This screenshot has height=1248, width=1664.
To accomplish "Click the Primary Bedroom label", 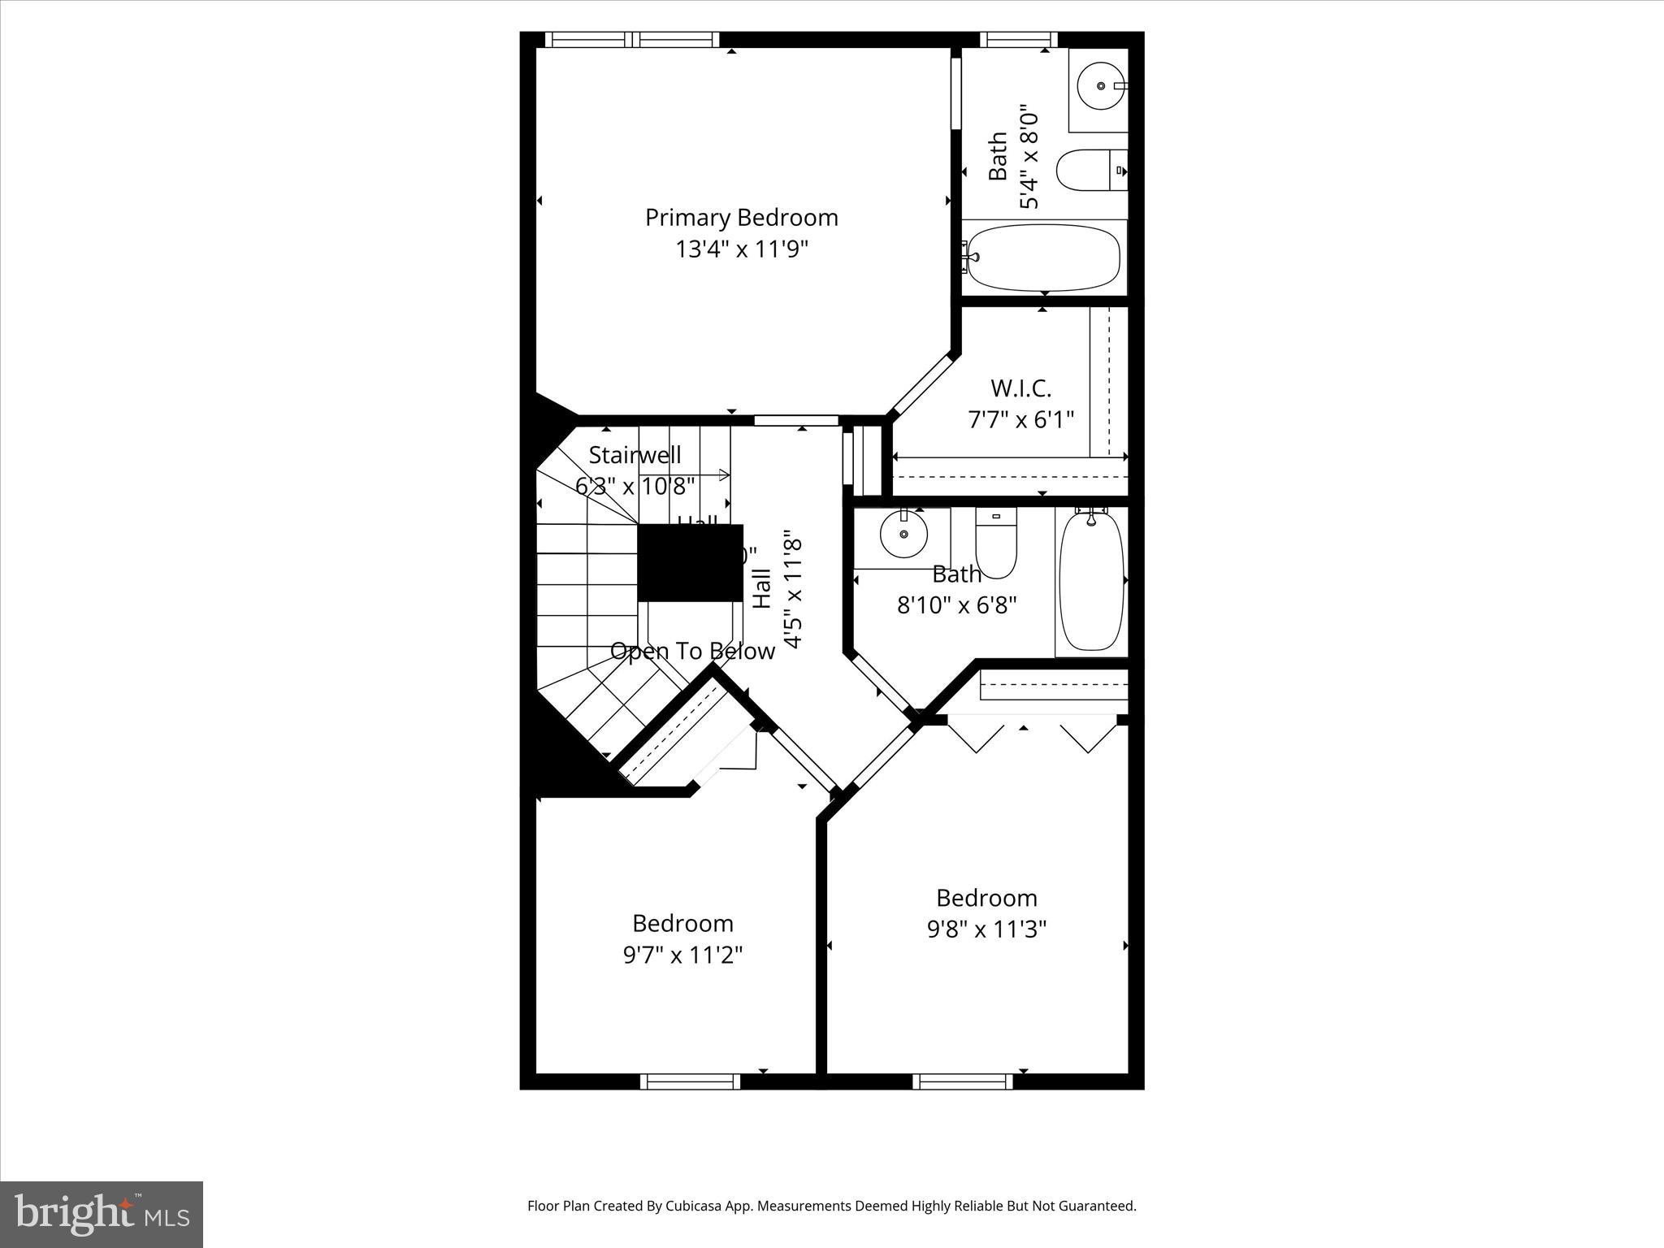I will (741, 218).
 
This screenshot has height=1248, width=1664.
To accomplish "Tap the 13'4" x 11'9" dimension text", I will (741, 249).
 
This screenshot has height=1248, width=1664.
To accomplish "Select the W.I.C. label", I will (1020, 388).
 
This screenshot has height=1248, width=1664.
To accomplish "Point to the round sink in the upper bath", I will (1100, 85).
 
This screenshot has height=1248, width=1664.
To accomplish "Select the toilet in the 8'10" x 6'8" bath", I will (995, 544).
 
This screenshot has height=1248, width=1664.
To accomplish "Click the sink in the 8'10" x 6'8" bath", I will (903, 534).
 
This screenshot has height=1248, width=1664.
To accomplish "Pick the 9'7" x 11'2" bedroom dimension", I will (682, 955).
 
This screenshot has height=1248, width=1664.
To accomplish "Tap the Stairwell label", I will (635, 455).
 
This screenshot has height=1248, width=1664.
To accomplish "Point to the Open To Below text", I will (692, 652).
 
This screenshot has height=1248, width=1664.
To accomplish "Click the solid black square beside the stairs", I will (690, 563).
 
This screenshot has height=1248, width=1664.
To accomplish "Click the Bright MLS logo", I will (102, 1215).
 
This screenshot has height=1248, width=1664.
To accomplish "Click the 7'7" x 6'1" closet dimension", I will (1020, 420).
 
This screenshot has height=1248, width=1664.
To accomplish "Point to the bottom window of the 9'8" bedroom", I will (962, 1081).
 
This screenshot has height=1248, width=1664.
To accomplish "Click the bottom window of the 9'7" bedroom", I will (690, 1081).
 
